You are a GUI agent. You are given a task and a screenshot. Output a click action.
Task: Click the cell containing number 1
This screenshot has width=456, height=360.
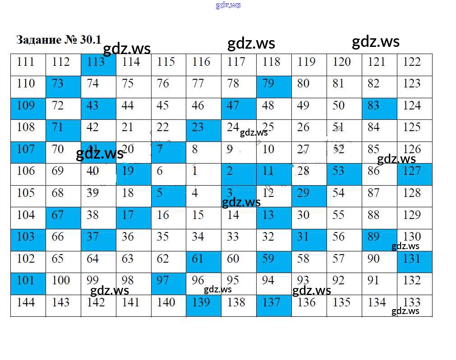coord(203,174)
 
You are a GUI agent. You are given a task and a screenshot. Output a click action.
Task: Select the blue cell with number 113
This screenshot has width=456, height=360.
coord(98,64)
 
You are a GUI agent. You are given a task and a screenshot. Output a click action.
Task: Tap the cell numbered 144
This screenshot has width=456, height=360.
coord(28,305)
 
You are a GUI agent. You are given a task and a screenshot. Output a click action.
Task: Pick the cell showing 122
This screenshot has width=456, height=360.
coord(415,64)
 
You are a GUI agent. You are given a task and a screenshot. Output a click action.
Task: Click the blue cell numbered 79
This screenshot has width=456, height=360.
coord(274,87)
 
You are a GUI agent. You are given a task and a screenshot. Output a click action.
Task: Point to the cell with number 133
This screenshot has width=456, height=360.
coord(415,305)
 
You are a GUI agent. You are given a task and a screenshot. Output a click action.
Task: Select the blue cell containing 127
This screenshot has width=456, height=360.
coord(415,174)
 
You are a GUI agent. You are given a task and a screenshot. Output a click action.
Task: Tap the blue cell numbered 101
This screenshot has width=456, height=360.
coord(28,283)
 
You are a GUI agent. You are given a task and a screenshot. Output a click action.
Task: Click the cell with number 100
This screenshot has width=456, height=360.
coord(63,283)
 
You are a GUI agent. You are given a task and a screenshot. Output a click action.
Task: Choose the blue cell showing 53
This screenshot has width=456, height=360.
coord(344,174)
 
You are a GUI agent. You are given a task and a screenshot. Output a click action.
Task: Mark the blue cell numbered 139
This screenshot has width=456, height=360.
coord(203,305)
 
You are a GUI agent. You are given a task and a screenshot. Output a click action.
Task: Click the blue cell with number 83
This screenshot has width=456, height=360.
coord(379,109)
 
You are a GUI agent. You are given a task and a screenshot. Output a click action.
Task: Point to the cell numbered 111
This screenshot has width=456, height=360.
coord(28,64)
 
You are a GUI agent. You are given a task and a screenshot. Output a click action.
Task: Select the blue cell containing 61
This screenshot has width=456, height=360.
coord(203,262)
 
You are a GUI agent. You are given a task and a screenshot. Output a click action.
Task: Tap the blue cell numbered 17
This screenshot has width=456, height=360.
coord(134,218)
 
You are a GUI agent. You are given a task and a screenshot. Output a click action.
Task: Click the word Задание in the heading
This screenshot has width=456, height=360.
coord(39,40)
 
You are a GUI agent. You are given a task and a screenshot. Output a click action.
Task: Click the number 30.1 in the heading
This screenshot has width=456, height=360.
coord(91,40)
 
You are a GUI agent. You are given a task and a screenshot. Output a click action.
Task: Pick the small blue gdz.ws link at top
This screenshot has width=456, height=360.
coord(228,5)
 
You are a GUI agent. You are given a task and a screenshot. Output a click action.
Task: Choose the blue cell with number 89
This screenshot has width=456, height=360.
coord(379,240)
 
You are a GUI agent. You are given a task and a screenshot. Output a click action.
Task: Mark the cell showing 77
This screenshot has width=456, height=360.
coord(203,87)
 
